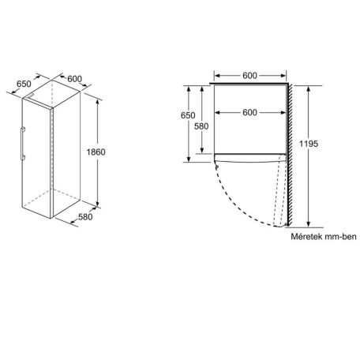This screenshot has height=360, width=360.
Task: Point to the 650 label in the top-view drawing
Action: [187, 115]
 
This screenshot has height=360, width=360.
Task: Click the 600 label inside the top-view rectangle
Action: [249, 113]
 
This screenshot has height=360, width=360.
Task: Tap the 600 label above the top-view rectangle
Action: [249, 75]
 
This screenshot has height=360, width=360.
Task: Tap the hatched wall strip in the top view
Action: [291, 150]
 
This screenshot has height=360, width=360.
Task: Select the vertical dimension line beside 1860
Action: [99, 150]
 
